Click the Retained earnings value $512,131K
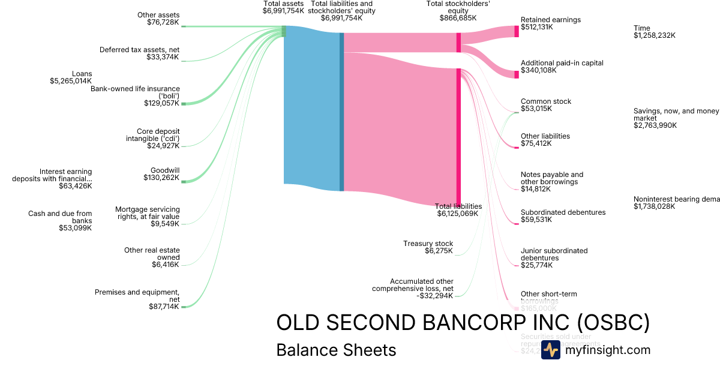click(536, 27)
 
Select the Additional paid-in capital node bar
click(516, 74)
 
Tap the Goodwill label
click(165, 170)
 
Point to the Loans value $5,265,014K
click(71, 81)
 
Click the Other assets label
click(158, 15)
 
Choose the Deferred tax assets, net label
click(139, 50)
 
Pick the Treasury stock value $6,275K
click(439, 251)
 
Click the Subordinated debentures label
click(563, 212)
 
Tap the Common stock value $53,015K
click(536, 109)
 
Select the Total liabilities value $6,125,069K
click(458, 214)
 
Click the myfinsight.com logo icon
click(550, 350)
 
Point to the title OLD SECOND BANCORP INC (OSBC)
click(463, 323)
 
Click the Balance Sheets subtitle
click(336, 350)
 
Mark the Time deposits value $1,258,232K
click(655, 35)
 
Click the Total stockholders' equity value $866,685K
click(458, 18)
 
